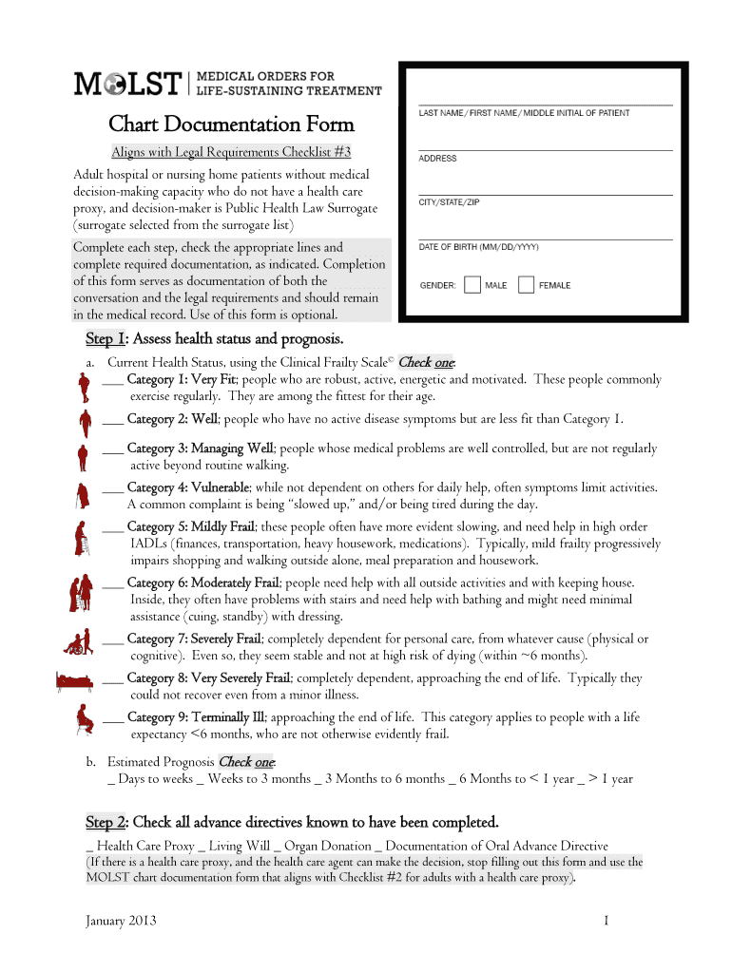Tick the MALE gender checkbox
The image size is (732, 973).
472,285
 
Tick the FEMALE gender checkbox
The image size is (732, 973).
526,285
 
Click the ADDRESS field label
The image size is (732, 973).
437,159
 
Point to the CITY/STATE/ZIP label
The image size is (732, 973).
449,202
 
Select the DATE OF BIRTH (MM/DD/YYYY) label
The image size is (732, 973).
478,247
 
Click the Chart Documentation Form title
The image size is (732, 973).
231,124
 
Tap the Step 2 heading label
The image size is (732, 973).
106,821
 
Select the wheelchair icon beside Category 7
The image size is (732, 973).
76,643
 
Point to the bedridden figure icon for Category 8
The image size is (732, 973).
74,681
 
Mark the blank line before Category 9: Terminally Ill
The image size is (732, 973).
112,719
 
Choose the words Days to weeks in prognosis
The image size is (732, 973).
153,779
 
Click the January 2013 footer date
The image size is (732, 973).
121,921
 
